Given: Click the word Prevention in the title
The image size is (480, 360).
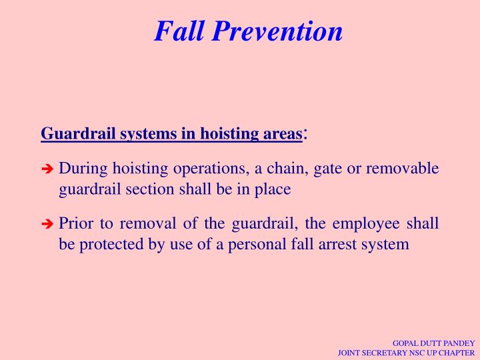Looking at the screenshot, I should [279, 31].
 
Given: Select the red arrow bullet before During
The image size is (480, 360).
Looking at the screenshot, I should [47, 169].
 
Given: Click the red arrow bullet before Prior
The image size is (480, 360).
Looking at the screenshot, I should [47, 225].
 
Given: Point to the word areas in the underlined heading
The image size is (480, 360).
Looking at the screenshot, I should [281, 133].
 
